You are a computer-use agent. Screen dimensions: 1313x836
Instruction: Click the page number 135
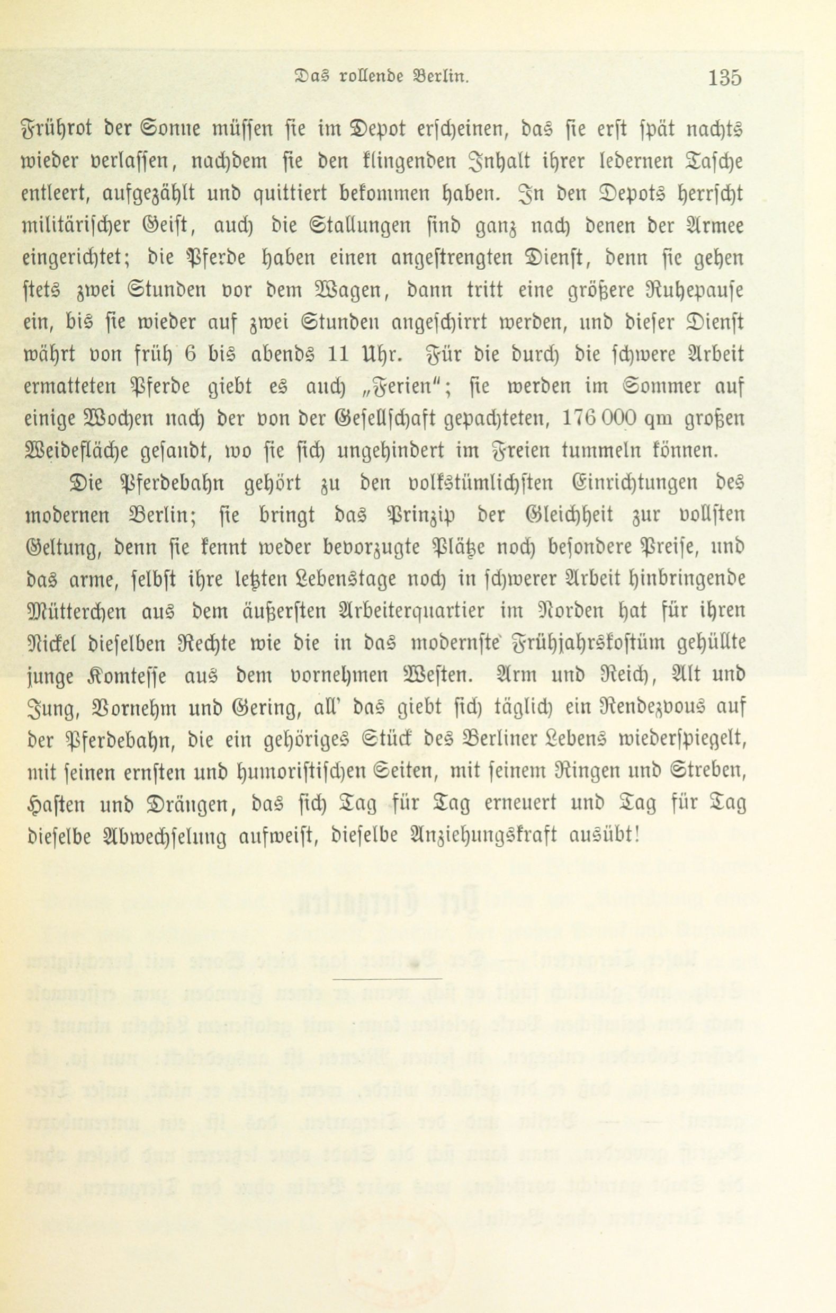[724, 78]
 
